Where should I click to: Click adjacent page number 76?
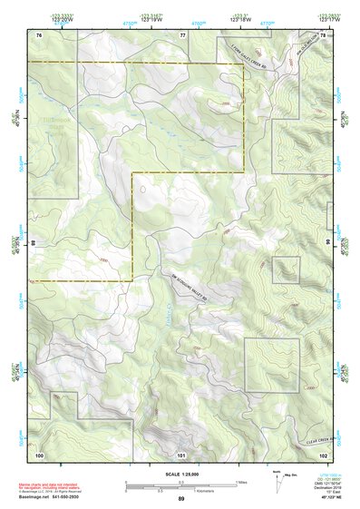pyautogui.click(x=39, y=34)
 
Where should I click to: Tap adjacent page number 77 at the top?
pyautogui.click(x=182, y=34)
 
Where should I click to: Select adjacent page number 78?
pyautogui.click(x=323, y=34)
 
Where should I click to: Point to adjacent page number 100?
pyautogui.click(x=39, y=453)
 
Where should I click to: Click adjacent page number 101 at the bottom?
pyautogui.click(x=181, y=454)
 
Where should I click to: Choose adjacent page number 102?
pyautogui.click(x=323, y=453)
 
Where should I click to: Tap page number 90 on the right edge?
pyautogui.click(x=327, y=243)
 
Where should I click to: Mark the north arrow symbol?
pyautogui.click(x=277, y=479)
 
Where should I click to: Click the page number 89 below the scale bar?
pyautogui.click(x=181, y=500)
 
